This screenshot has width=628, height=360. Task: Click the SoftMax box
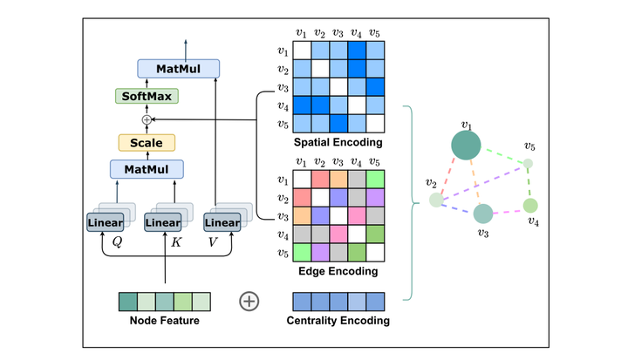[146, 96]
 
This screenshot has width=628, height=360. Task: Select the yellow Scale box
[147, 142]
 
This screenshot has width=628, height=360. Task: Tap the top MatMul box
[178, 68]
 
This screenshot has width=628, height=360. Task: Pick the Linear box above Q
[106, 223]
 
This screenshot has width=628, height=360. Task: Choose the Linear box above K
[163, 223]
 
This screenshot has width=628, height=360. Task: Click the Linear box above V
[221, 223]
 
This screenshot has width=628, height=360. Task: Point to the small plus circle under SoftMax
[147, 119]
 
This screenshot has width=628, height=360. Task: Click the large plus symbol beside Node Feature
[249, 302]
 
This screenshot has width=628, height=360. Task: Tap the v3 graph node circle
[483, 213]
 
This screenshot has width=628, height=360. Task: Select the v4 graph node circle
[530, 206]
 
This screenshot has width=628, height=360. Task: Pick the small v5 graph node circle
[528, 163]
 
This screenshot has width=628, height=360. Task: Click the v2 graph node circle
[435, 200]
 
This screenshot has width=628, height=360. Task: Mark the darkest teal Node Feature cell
[127, 302]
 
